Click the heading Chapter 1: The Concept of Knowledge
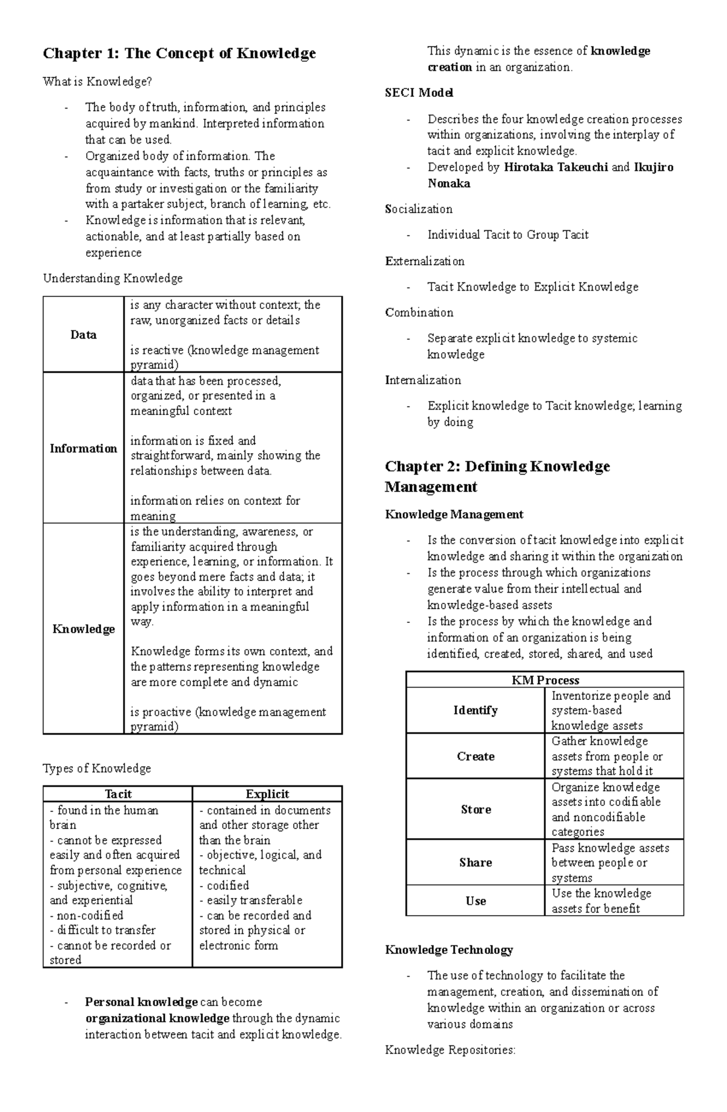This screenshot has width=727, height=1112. click(179, 54)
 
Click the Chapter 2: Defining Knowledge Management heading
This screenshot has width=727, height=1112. click(497, 476)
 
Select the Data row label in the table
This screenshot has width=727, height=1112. click(83, 335)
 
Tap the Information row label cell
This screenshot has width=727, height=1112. click(83, 448)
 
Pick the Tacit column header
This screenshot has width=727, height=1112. click(118, 794)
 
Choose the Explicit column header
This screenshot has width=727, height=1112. click(267, 794)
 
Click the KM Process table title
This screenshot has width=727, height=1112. click(545, 680)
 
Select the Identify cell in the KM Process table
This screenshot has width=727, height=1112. click(476, 710)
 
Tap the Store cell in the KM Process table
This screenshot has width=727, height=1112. click(476, 810)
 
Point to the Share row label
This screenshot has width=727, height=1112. click(476, 862)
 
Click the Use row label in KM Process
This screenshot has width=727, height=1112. click(476, 901)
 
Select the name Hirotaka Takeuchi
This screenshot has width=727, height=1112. click(556, 167)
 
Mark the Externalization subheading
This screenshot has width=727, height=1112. click(425, 261)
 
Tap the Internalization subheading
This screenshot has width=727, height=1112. click(423, 380)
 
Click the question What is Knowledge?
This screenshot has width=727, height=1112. click(97, 82)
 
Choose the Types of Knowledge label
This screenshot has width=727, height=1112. click(97, 768)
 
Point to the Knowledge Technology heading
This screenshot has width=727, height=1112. click(449, 950)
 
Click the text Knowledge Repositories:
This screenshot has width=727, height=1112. click(450, 1050)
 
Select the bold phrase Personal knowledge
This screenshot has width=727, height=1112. click(141, 1002)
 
